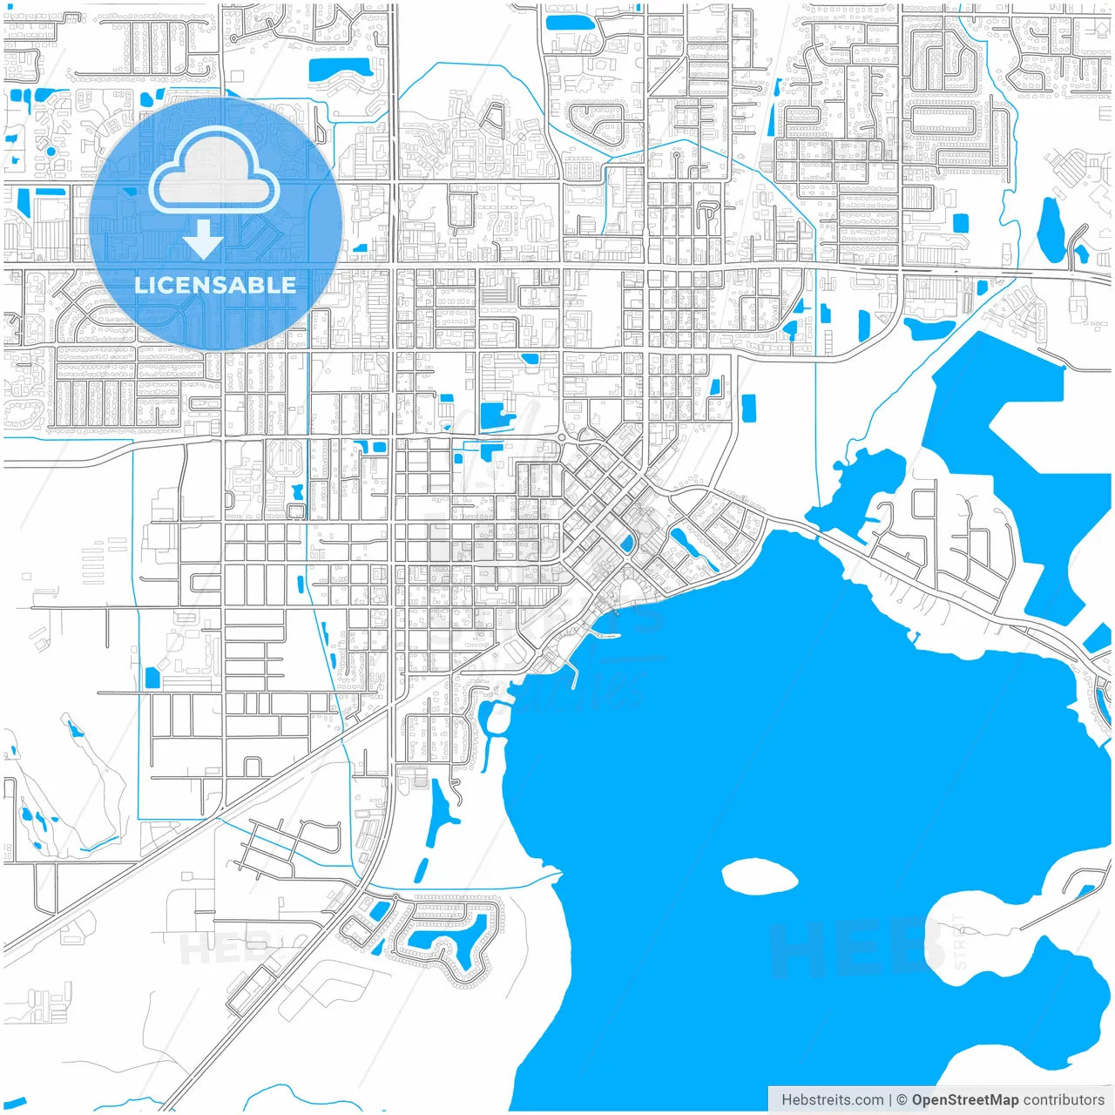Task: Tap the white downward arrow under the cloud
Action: tap(203, 240)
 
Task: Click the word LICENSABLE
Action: tap(215, 285)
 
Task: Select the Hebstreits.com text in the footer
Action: tap(833, 1100)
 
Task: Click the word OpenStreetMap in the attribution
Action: tap(964, 1100)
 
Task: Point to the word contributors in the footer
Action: tap(1064, 1100)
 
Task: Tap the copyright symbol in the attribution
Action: tap(902, 1100)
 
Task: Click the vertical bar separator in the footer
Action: tap(889, 1100)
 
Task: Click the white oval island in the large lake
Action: tap(760, 876)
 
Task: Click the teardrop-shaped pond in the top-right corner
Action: tap(1051, 229)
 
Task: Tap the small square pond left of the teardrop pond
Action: tap(961, 223)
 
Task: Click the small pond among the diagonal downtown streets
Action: tap(626, 545)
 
